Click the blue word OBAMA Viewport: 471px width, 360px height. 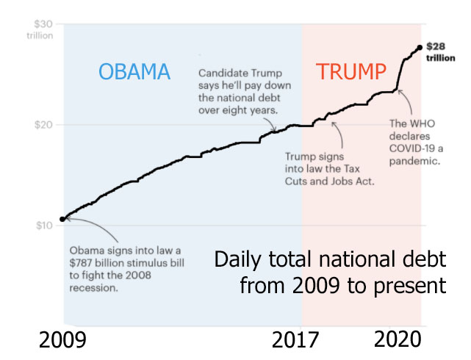[x=134, y=72]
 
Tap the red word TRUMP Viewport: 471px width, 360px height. [x=351, y=72]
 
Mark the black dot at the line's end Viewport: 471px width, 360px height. [x=419, y=48]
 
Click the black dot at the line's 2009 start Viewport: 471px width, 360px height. [x=63, y=218]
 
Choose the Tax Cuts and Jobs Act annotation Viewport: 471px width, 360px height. [x=329, y=169]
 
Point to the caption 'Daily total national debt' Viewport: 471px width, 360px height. [x=331, y=260]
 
